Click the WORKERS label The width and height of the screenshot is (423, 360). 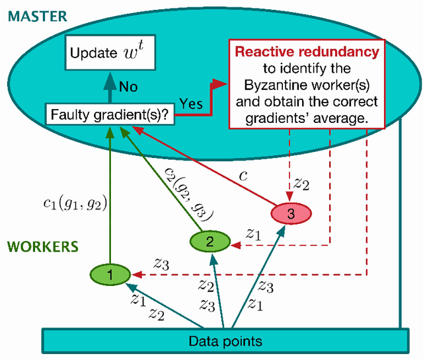coord(43,246)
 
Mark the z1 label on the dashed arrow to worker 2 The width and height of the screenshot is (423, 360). coord(253,233)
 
